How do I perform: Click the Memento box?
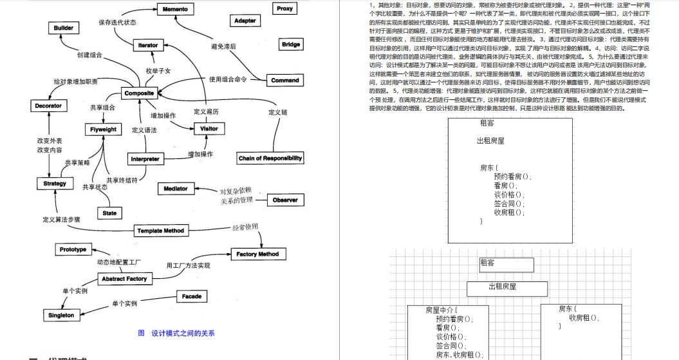175,9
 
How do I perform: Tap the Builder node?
64,28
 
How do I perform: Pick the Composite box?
139,93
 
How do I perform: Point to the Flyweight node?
103,129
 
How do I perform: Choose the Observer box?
284,200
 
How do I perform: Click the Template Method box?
160,231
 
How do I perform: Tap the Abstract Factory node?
124,279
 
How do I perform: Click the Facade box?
191,297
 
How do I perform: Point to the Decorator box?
48,106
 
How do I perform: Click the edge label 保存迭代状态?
116,23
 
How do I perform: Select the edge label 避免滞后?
223,46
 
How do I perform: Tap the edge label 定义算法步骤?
61,220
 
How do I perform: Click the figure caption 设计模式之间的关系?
183,333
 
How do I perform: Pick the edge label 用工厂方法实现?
188,265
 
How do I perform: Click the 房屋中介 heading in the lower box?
441,310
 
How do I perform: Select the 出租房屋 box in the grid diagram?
502,287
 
